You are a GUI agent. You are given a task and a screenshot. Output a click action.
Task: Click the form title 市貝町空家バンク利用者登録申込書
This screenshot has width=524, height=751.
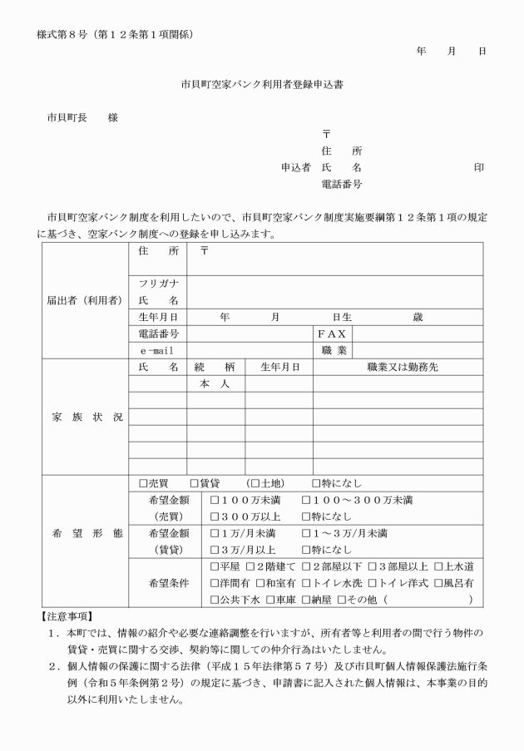coord(262,84)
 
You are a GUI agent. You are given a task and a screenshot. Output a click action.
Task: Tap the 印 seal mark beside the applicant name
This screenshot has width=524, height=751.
coord(479,167)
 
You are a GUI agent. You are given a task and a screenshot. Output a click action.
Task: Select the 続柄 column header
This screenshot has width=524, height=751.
coord(215,367)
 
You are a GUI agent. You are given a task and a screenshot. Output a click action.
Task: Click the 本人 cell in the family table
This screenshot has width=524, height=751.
coord(215,384)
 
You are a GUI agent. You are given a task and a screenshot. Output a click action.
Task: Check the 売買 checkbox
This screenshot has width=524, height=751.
coord(143,483)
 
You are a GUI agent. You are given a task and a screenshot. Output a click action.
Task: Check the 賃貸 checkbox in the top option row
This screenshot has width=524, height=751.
coord(194,483)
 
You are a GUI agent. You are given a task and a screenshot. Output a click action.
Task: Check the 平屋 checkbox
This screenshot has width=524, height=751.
coord(215,566)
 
